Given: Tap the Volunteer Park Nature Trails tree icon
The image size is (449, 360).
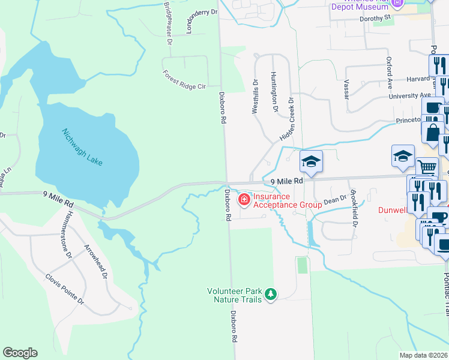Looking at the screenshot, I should pyautogui.click(x=271, y=293).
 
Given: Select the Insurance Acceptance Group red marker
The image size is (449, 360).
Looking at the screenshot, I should pyautogui.click(x=244, y=200).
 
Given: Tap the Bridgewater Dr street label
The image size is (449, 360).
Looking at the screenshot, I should pyautogui.click(x=167, y=23).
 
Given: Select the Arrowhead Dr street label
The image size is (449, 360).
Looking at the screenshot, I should pyautogui.click(x=96, y=262).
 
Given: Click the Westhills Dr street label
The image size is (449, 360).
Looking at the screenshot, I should pyautogui.click(x=255, y=97).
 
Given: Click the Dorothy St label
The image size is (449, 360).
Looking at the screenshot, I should pyautogui.click(x=375, y=18).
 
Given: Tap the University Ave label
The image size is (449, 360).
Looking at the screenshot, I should pyautogui.click(x=410, y=95).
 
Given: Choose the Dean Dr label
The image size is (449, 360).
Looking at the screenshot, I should pyautogui.click(x=336, y=199).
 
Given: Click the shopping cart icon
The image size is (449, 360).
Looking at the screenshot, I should pyautogui.click(x=426, y=167).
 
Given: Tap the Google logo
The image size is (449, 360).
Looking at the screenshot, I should pyautogui.click(x=20, y=353).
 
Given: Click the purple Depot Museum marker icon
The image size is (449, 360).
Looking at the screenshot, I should pyautogui.click(x=396, y=4).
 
